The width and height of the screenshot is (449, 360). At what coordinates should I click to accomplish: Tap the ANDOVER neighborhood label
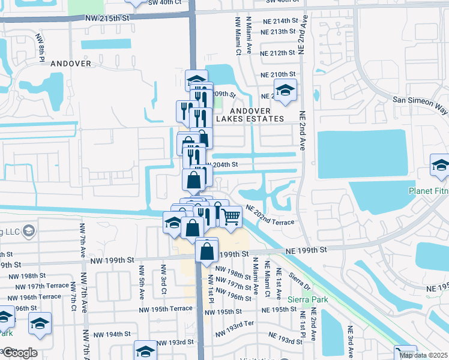(x=71, y=63)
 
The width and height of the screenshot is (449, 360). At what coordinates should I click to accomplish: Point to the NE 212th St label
(x=278, y=53)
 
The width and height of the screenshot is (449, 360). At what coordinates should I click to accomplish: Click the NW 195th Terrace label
(x=165, y=308)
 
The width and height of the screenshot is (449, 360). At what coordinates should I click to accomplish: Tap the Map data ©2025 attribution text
(x=423, y=355)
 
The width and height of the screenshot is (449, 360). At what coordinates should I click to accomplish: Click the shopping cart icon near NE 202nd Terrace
(x=231, y=217)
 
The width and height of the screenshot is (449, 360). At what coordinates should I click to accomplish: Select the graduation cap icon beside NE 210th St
(x=285, y=90)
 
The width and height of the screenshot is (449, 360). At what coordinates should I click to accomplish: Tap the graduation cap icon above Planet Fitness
(x=440, y=165)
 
